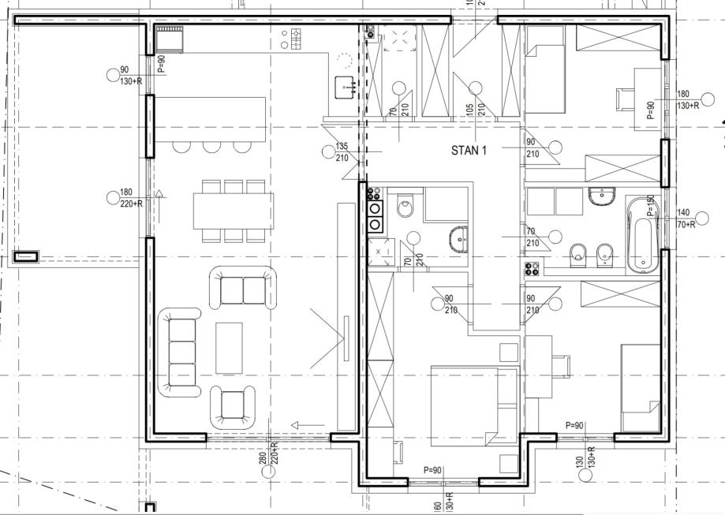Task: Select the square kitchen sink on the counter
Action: (344, 87)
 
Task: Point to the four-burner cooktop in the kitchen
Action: (297, 36)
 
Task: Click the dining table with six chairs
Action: (233, 211)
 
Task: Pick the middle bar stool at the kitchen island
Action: (211, 146)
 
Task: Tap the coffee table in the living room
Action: (230, 347)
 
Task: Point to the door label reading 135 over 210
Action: (342, 152)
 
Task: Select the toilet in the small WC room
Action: (405, 207)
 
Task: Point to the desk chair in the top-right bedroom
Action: (625, 100)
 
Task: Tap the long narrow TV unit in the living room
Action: (345, 315)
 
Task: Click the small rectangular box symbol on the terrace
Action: (26, 256)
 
